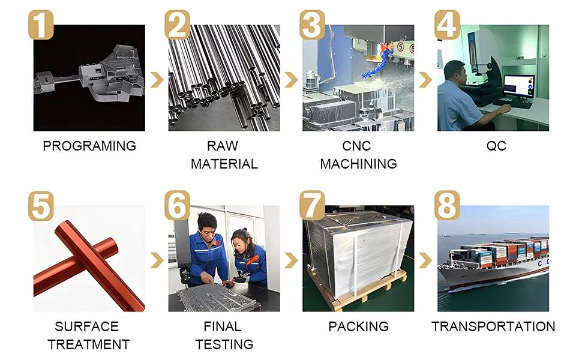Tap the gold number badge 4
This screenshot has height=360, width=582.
[x=447, y=25]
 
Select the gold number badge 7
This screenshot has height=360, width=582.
[x=312, y=206]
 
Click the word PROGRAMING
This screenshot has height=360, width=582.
[x=89, y=146]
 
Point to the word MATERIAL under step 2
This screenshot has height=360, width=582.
[x=224, y=164]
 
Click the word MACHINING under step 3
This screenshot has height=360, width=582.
[x=358, y=164]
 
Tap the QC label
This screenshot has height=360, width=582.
[x=497, y=146]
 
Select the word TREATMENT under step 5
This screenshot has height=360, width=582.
[x=89, y=344]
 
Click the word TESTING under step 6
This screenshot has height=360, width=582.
[x=224, y=344]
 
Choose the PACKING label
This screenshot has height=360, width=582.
[x=358, y=326]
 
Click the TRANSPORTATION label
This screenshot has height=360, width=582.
[x=493, y=326]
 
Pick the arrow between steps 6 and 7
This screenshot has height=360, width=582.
[x=291, y=260]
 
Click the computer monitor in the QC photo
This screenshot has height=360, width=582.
[x=518, y=86]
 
